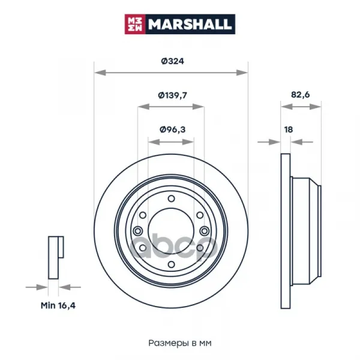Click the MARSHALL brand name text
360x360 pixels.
(x=189, y=25)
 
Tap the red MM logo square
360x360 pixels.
(x=135, y=25)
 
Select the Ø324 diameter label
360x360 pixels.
(x=172, y=61)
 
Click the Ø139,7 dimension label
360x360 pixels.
(x=172, y=95)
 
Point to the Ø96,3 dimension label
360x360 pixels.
(x=172, y=130)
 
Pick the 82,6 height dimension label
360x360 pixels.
(x=301, y=95)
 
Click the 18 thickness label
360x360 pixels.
(x=289, y=130)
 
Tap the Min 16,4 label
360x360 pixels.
(x=58, y=305)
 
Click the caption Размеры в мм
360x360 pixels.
(x=180, y=343)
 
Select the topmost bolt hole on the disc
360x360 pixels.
(x=171, y=199)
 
